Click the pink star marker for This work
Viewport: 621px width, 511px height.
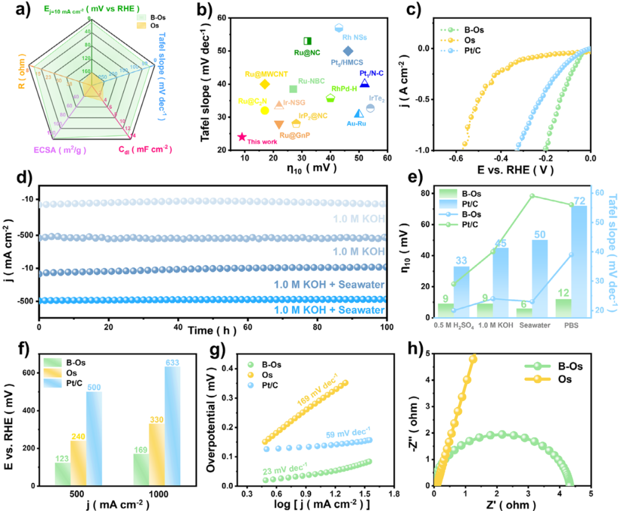242,137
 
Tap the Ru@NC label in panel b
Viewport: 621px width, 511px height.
306,53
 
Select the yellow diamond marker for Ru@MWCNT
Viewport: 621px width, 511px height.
264,85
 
